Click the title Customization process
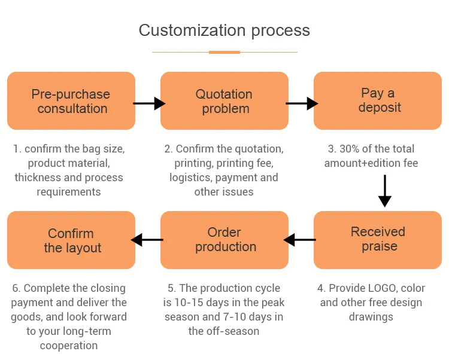(x=224, y=30)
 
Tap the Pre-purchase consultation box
(x=71, y=100)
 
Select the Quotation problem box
(x=224, y=100)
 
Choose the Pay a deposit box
(x=378, y=100)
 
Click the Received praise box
(x=378, y=240)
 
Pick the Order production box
(x=224, y=240)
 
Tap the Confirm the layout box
(x=71, y=240)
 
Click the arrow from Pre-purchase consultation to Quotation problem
(x=149, y=103)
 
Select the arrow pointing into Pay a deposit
(x=302, y=103)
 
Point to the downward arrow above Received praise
(x=385, y=191)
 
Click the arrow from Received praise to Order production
(x=300, y=240)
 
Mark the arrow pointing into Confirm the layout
(x=147, y=240)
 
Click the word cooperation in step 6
(x=69, y=346)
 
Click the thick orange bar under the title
(x=224, y=53)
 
